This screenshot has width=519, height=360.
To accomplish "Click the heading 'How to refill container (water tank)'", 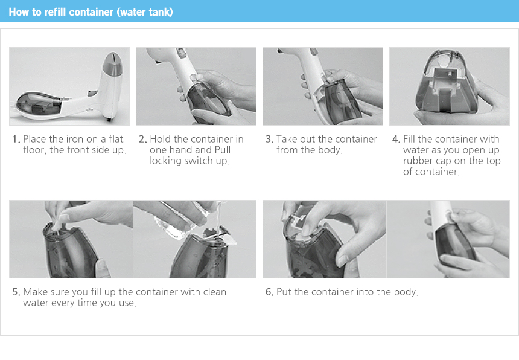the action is coord(91,12).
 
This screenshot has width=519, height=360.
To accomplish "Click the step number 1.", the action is coord(16,139).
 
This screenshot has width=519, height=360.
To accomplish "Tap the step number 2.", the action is coord(143,139).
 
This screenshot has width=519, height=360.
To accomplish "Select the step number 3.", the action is coord(270,139).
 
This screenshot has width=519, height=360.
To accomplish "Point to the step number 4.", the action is coord(396,139).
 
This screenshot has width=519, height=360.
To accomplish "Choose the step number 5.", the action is coord(16,292).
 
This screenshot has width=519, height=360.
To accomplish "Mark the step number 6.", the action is coord(270,292).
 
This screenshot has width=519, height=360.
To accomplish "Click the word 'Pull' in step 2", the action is coord(223,150).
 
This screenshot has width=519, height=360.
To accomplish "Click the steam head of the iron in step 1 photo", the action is coord(112,65).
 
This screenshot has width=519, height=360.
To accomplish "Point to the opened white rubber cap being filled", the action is coord(231,240).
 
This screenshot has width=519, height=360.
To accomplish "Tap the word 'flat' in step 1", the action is coord(116,139).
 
